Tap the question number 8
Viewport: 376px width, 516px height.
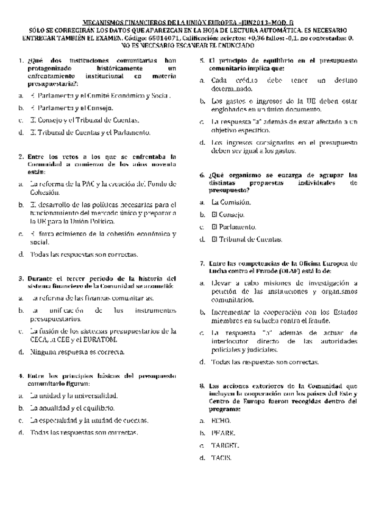(x=203, y=386)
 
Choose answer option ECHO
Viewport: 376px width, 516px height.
(x=221, y=420)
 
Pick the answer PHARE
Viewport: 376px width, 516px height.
(x=223, y=433)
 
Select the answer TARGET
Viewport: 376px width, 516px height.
(x=225, y=445)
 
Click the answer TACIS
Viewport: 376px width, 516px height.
(x=222, y=458)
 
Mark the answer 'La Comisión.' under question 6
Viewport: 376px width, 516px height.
(x=230, y=201)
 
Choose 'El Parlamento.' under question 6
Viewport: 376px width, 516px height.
(x=233, y=227)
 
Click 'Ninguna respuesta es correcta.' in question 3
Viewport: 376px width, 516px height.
(x=73, y=351)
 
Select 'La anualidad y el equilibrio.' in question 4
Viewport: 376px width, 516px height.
(x=73, y=408)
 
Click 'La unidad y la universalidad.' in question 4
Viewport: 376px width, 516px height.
(x=73, y=396)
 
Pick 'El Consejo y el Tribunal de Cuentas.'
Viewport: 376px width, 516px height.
(x=85, y=120)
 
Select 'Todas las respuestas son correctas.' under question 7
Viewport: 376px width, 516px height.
(x=264, y=362)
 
